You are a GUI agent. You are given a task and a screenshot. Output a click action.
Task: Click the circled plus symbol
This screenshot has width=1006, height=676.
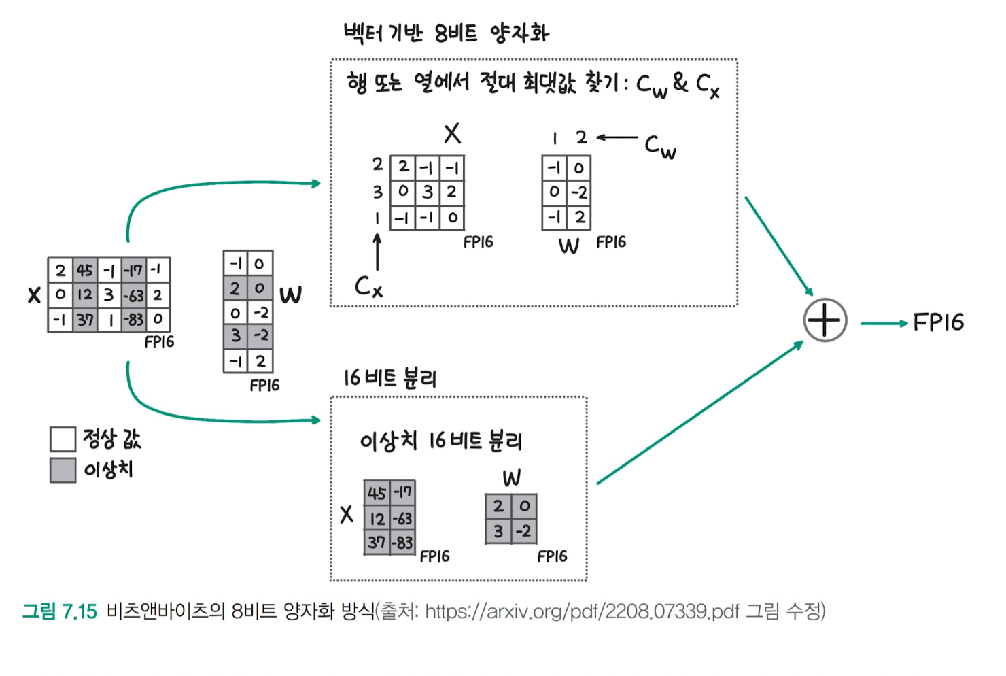[x=825, y=320]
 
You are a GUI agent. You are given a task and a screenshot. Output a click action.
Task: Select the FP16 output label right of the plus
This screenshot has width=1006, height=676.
[x=938, y=322]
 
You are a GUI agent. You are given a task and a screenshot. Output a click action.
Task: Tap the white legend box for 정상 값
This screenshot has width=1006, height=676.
[x=63, y=439]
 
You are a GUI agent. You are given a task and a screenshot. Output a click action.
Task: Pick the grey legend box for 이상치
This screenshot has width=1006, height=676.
[x=63, y=470]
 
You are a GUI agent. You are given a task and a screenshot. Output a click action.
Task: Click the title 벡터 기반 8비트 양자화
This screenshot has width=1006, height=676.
[x=446, y=33]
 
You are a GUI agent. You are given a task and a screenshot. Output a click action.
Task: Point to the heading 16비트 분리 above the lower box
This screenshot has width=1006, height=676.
[x=389, y=378]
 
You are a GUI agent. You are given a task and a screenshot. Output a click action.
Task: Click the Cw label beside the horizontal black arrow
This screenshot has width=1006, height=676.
[x=660, y=146]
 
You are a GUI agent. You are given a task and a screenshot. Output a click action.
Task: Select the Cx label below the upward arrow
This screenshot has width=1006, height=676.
[x=368, y=287]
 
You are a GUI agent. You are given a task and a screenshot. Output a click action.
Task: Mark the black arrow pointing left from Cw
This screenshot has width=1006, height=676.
[x=617, y=137]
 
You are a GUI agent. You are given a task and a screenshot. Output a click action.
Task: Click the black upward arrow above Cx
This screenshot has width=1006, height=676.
[x=377, y=252]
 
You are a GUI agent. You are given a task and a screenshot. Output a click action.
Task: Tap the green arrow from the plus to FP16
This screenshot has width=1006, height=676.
[x=884, y=323]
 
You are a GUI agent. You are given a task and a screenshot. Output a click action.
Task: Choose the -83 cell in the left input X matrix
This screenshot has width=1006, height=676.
[x=133, y=319]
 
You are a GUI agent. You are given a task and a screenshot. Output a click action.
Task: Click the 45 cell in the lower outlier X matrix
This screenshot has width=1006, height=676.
[x=377, y=493]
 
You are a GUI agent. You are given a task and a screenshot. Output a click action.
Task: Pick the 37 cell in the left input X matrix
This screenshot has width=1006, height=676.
[x=85, y=319]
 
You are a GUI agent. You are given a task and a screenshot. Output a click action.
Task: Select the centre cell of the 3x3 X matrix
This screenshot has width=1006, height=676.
[x=428, y=192]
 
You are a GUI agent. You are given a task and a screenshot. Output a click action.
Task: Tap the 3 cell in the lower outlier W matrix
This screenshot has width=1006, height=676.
[x=498, y=531]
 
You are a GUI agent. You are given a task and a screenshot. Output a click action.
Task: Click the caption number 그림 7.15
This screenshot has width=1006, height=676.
[x=60, y=611]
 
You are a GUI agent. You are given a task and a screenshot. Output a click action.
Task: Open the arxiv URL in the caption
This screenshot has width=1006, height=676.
[x=582, y=611]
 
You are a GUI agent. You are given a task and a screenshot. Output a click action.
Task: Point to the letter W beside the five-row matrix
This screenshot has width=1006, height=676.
[x=290, y=295]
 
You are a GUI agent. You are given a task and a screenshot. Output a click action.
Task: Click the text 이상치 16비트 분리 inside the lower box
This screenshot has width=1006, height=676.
[x=440, y=441]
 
